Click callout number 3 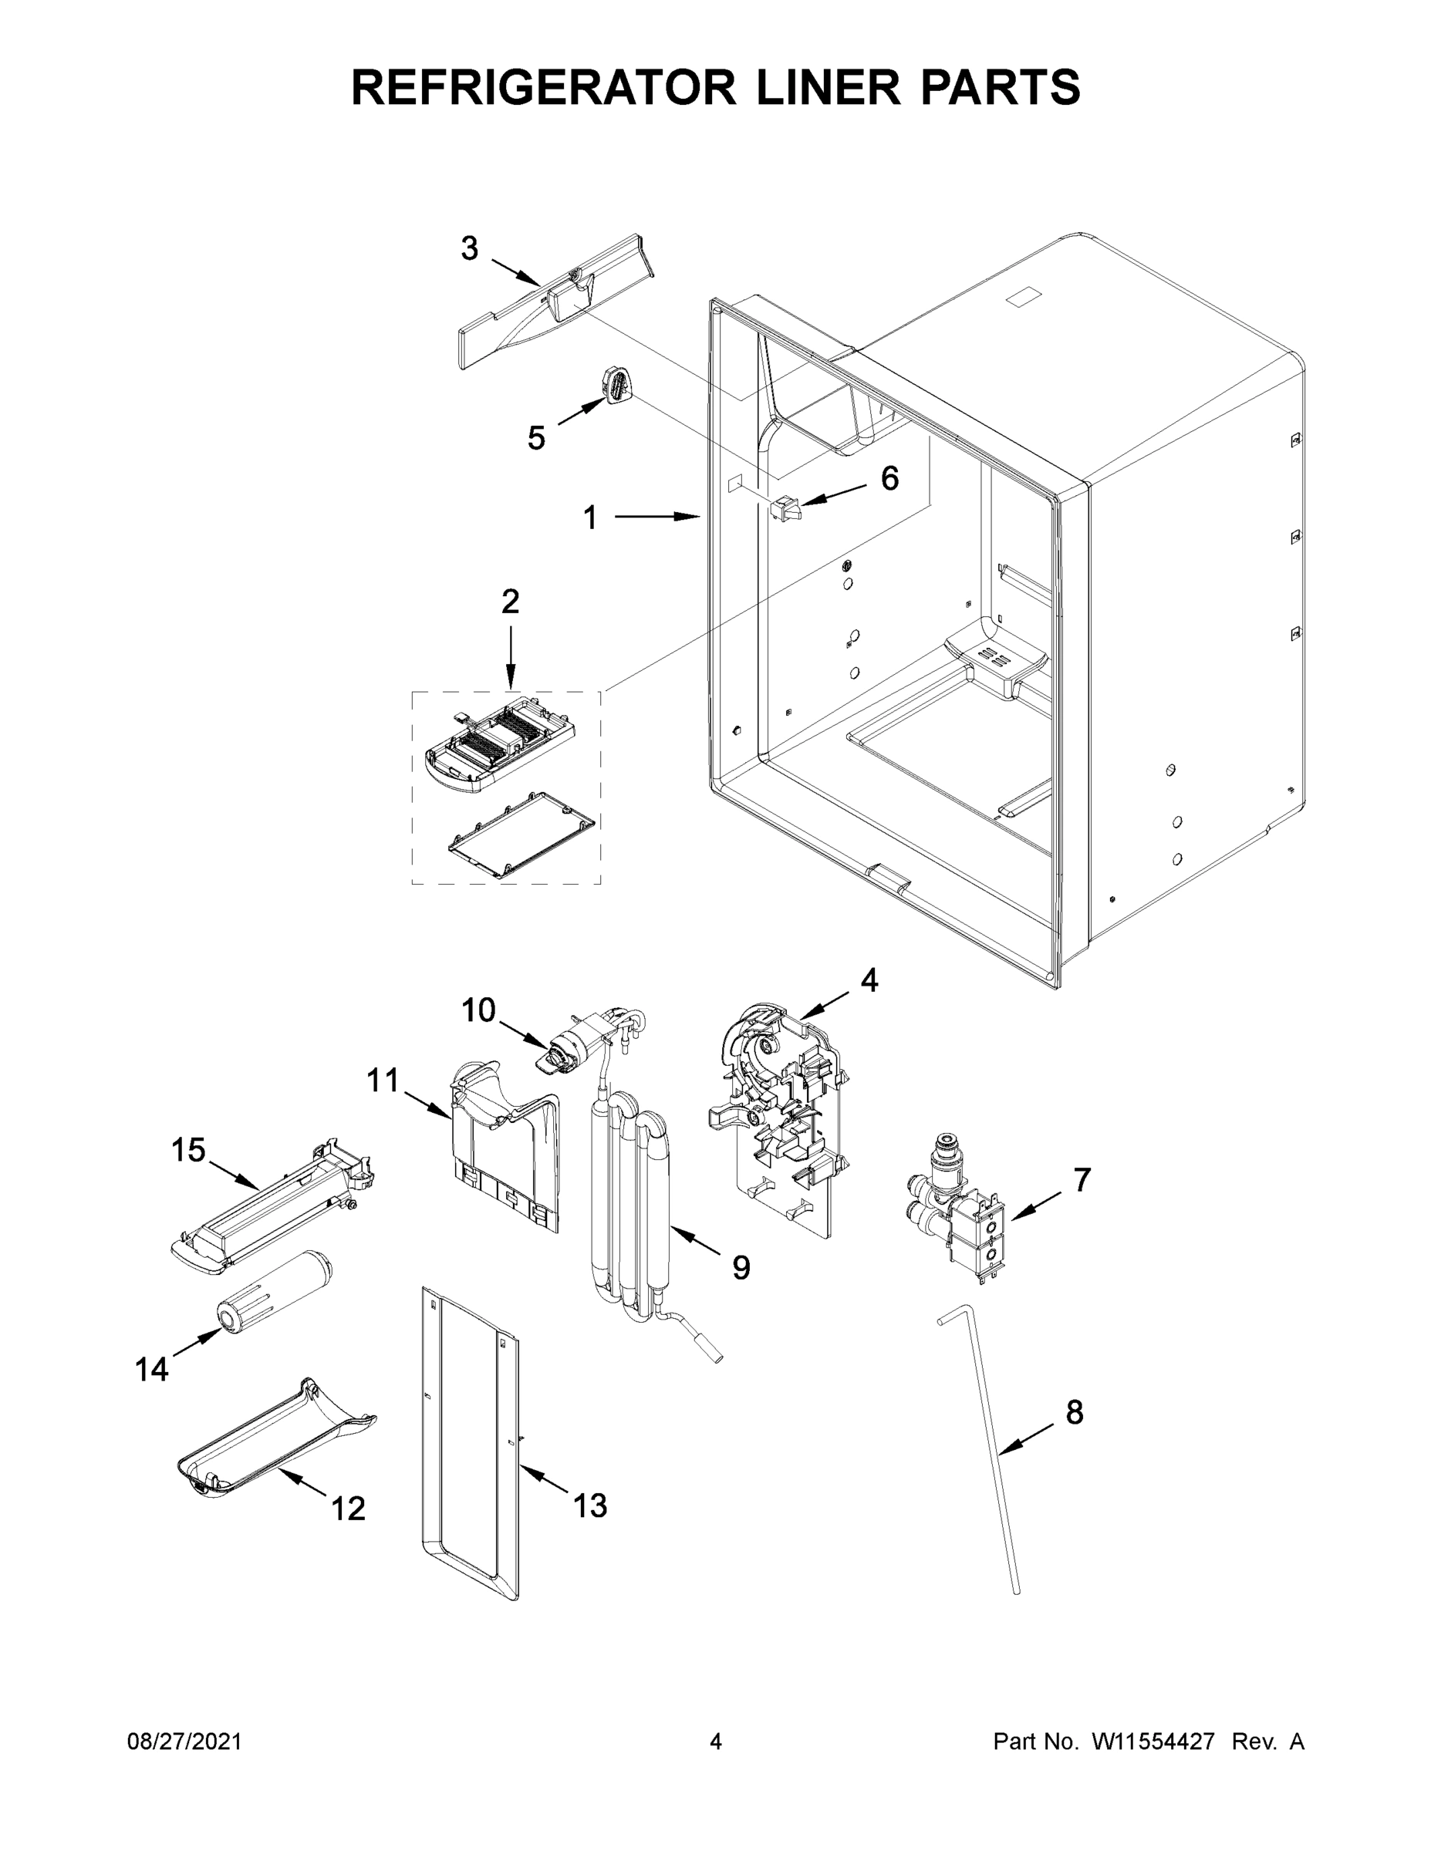click(470, 249)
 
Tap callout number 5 click(536, 438)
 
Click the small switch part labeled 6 click(785, 507)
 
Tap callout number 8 click(1074, 1413)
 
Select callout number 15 click(188, 1151)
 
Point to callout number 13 click(590, 1506)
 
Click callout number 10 click(478, 1010)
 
